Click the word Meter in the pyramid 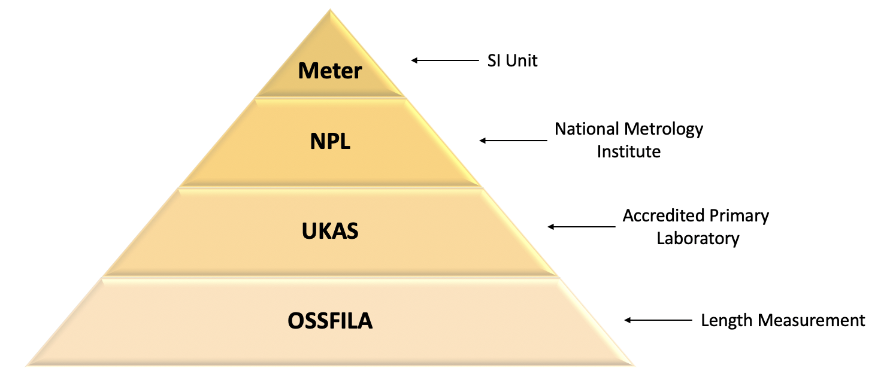(x=330, y=71)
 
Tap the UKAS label (x=330, y=231)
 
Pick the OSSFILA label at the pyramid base (x=330, y=321)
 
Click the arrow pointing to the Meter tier (x=444, y=60)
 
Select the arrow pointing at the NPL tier (x=513, y=141)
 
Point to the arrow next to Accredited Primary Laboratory (x=581, y=227)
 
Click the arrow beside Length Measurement (x=658, y=320)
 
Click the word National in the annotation (x=587, y=129)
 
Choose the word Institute (x=628, y=151)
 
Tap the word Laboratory (x=698, y=238)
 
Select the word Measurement (x=811, y=320)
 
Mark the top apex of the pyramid (x=330, y=10)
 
